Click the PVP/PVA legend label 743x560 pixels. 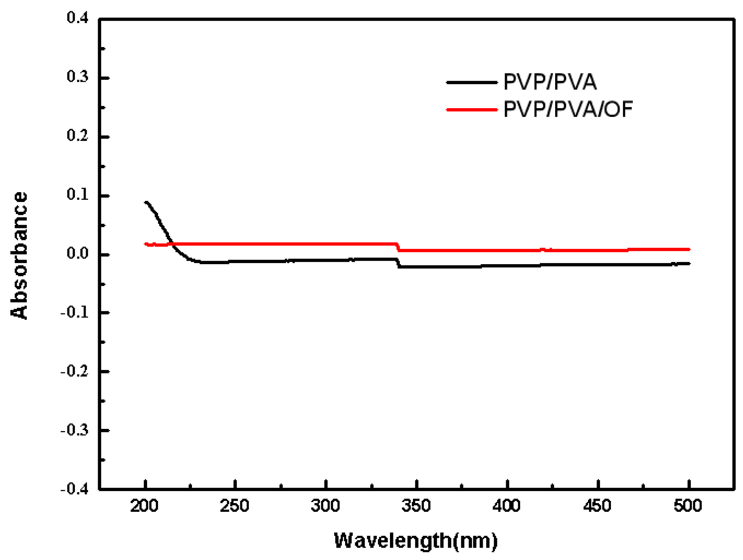tap(550, 82)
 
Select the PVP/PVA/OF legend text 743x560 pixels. tap(568, 109)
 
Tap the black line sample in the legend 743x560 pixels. tap(471, 82)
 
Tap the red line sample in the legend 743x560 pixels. tap(471, 110)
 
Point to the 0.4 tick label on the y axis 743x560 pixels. tap(77, 18)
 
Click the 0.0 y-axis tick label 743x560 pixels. tap(77, 254)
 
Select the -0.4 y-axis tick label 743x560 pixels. tap(74, 489)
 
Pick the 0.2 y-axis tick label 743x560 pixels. tap(77, 136)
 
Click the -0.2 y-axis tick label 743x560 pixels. tap(74, 372)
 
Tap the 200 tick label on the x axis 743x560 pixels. tap(144, 506)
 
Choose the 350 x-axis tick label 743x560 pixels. tap(416, 506)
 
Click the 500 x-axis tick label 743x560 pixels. tap(688, 506)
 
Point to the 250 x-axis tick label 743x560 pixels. tap(235, 506)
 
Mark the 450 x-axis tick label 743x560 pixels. tap(597, 506)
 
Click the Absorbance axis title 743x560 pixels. tap(19, 256)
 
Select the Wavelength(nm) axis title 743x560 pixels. tap(416, 540)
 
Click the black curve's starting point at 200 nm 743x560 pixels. tap(146, 202)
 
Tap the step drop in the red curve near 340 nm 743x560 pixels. tap(398, 247)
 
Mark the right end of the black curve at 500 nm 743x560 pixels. tap(689, 263)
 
